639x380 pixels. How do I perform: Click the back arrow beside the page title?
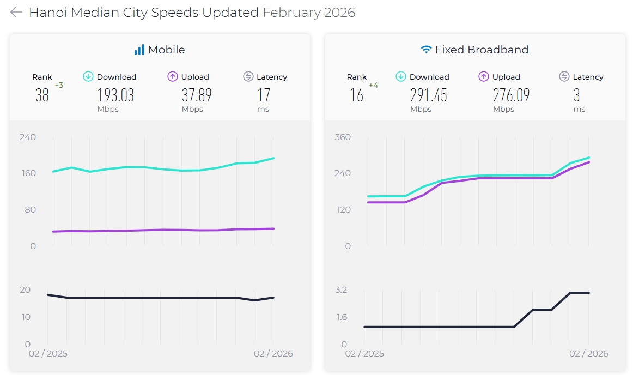point(16,13)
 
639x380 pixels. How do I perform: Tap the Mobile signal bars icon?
point(139,50)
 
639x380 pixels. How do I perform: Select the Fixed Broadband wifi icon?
point(426,50)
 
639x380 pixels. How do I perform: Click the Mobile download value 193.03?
point(115,95)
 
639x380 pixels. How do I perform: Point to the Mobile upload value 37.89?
point(197,95)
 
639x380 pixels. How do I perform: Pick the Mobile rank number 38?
point(42,95)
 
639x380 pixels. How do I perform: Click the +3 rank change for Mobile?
point(59,85)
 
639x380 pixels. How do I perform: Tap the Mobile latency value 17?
point(264,95)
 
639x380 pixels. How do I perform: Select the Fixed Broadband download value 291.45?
point(429,95)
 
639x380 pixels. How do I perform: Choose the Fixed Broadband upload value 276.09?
point(511,95)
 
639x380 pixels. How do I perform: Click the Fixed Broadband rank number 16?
point(356,95)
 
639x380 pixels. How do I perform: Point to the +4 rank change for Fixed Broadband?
point(373,85)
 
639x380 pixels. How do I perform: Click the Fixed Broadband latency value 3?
point(576,95)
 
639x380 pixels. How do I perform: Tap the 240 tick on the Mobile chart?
point(28,137)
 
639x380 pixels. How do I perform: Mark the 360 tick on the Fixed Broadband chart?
point(343,137)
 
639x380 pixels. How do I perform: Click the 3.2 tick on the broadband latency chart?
point(341,289)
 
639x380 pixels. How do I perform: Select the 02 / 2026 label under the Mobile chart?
point(273,354)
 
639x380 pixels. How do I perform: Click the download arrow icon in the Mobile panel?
point(88,77)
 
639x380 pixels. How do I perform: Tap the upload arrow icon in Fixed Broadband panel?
point(484,77)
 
